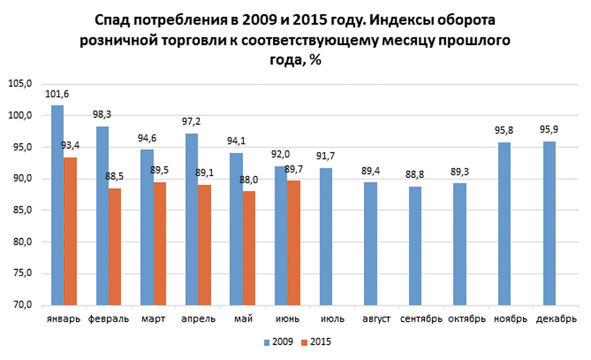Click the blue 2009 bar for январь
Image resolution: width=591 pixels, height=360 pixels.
pos(58,205)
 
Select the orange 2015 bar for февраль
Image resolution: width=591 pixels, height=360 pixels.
pos(115,246)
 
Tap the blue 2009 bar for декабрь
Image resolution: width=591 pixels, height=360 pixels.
pos(549,223)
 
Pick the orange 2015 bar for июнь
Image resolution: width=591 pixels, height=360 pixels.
pos(294,243)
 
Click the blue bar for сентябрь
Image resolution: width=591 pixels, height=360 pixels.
pos(415,245)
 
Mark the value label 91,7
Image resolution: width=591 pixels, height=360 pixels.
pos(325,156)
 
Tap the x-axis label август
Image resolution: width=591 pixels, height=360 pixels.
pos(370,319)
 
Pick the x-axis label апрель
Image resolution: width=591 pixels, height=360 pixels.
pos(198,319)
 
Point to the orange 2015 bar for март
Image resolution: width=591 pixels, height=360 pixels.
pos(160,243)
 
